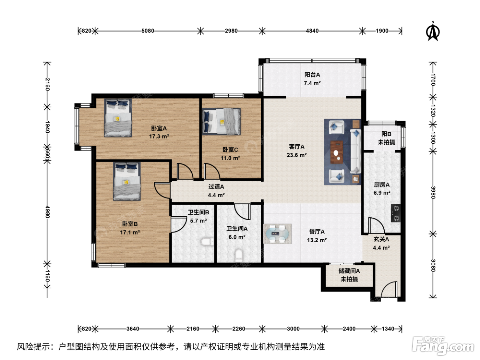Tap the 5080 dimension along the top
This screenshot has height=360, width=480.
point(148,31)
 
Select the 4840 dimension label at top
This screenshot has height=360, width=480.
point(312,31)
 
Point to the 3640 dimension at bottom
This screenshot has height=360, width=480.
point(133,329)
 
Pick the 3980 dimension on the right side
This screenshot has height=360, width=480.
point(433,192)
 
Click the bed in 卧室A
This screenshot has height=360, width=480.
point(118,118)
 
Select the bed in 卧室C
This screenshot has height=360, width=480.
point(221,121)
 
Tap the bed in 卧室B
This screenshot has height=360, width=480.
point(127,181)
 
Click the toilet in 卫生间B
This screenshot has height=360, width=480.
point(207,242)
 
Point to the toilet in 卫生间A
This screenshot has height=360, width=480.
point(239,255)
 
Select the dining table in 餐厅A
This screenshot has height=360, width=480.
point(277,234)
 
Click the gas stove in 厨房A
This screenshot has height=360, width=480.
point(396,213)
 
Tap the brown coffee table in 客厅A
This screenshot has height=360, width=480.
point(337,152)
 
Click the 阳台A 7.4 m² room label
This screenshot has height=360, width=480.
point(312,79)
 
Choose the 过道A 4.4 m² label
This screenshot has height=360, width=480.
point(216,191)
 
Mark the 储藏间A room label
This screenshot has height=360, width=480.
point(349,271)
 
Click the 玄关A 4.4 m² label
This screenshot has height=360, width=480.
point(381,243)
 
